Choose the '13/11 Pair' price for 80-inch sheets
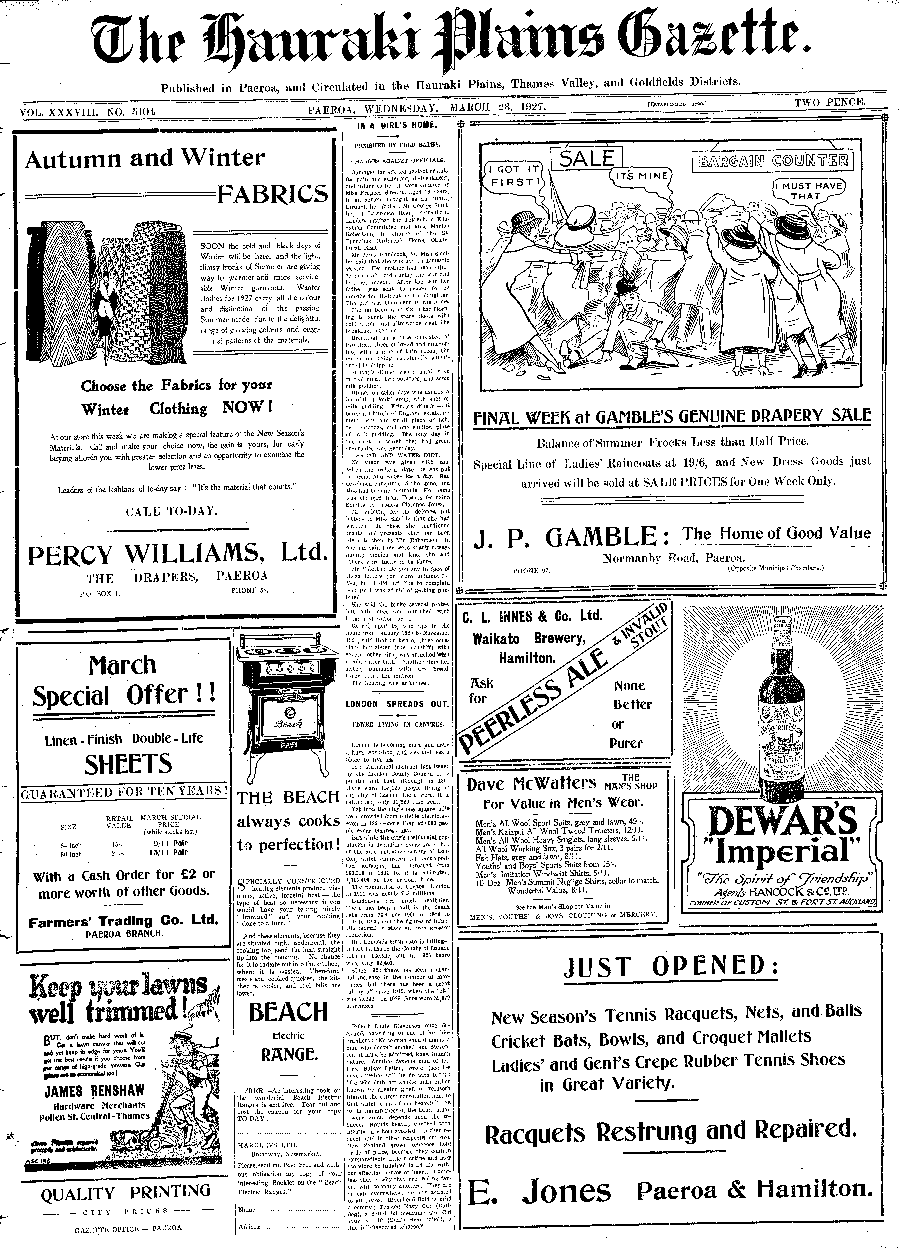click(170, 852)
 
